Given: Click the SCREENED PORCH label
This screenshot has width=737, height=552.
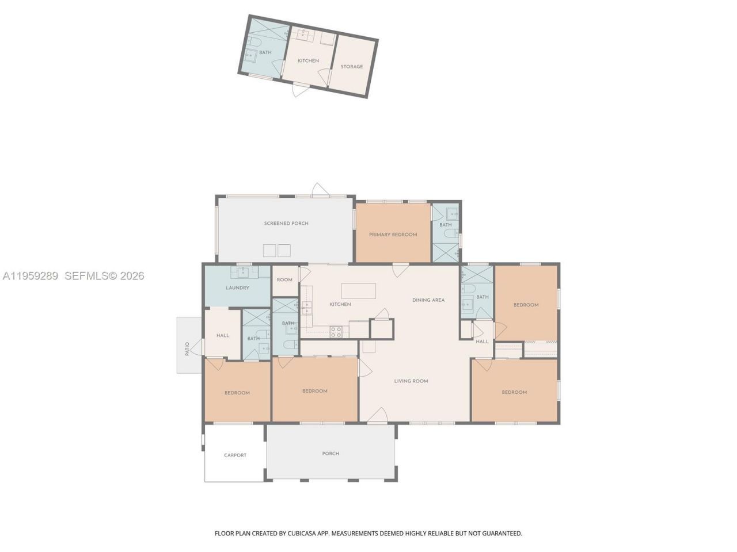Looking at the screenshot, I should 286,223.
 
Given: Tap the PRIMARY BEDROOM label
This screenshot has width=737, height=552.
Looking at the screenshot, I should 393,235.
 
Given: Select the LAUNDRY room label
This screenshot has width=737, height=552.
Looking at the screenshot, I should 237,287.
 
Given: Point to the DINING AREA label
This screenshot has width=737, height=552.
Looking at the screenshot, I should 428,300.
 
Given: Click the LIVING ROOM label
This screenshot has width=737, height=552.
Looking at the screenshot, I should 411,381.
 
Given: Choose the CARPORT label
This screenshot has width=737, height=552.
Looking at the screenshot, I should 235,455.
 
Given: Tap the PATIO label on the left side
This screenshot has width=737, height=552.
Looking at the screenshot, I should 187,349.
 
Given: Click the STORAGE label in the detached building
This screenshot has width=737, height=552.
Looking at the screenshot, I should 352,67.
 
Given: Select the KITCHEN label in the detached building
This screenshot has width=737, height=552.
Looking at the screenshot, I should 308,61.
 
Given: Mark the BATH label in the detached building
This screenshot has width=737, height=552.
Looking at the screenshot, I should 265,53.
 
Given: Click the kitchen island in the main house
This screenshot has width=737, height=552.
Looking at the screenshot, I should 358,290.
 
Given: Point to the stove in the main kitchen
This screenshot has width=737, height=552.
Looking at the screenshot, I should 336,331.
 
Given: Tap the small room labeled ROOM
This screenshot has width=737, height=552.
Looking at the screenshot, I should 284,280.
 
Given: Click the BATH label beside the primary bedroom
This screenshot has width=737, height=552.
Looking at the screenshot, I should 446,225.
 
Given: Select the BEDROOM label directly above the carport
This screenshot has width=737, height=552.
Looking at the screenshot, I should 237,393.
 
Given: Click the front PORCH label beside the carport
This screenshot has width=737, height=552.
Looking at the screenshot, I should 330,454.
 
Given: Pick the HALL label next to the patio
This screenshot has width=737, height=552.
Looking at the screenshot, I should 223,336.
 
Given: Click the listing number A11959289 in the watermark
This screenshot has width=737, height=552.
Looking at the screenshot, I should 30,276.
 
